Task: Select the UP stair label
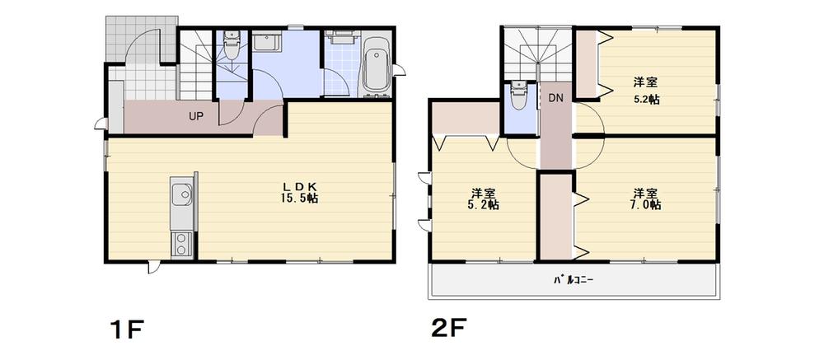(195, 116)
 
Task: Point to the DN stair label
(556, 97)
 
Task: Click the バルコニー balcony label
(574, 279)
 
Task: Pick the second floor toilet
(518, 96)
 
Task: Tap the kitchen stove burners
(181, 242)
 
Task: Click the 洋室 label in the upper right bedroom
(645, 82)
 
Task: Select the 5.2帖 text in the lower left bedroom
(483, 205)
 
